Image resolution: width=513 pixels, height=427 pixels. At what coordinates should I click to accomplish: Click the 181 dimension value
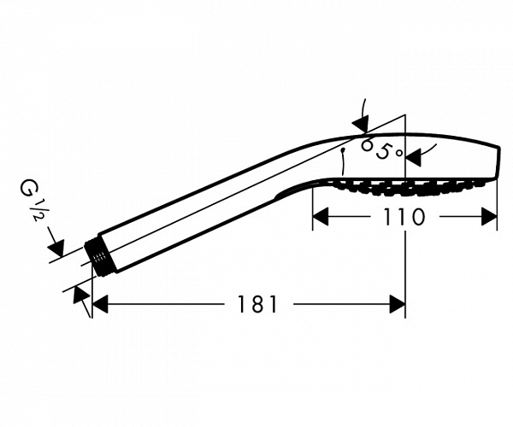[x=256, y=304]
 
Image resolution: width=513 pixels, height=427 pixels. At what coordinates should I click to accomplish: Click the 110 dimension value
[x=404, y=217]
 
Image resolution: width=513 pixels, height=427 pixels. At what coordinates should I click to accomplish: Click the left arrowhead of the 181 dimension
[x=100, y=304]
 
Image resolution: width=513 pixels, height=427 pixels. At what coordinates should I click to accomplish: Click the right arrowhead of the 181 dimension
[x=398, y=304]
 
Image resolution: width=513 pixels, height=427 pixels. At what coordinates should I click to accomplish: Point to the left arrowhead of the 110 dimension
[x=321, y=217]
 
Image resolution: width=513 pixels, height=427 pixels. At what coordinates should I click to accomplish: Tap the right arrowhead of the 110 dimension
[x=489, y=217]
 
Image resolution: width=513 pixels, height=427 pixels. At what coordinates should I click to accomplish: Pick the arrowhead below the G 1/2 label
[x=56, y=248]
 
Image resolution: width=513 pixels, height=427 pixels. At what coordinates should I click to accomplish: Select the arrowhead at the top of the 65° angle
[x=361, y=124]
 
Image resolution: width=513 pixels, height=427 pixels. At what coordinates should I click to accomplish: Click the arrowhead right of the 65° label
[x=414, y=158]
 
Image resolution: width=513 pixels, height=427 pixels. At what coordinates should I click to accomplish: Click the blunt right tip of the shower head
[x=498, y=162]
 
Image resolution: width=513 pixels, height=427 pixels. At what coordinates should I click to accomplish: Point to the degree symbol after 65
[x=398, y=153]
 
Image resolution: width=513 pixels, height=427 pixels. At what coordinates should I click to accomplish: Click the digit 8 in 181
[x=257, y=304]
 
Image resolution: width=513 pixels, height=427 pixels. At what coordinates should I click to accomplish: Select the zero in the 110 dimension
[x=416, y=217]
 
